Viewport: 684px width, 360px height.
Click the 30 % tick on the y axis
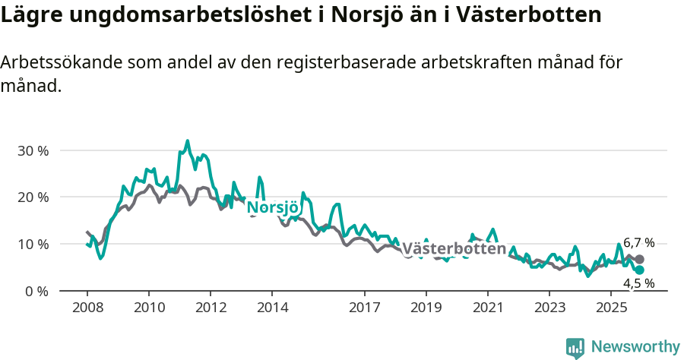(32, 150)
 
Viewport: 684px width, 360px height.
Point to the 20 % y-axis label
(32, 197)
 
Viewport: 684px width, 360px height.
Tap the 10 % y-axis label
(32, 245)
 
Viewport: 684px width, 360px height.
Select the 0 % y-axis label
(36, 292)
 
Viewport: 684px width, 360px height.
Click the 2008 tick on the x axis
(87, 308)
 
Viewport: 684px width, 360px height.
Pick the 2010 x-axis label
(148, 308)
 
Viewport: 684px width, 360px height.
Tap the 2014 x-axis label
(272, 308)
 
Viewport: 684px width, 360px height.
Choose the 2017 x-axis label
(365, 308)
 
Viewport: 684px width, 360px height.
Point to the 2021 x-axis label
(487, 308)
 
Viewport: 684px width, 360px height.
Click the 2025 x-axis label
(610, 308)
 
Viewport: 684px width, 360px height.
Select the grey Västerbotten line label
(454, 249)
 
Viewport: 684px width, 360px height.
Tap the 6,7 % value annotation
(638, 243)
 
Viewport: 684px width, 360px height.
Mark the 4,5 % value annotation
(638, 283)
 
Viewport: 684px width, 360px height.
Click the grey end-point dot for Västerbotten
(639, 259)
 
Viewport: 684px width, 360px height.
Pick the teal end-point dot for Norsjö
(639, 270)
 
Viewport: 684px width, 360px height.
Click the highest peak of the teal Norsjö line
(187, 141)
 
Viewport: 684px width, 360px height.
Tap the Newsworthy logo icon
(575, 348)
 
